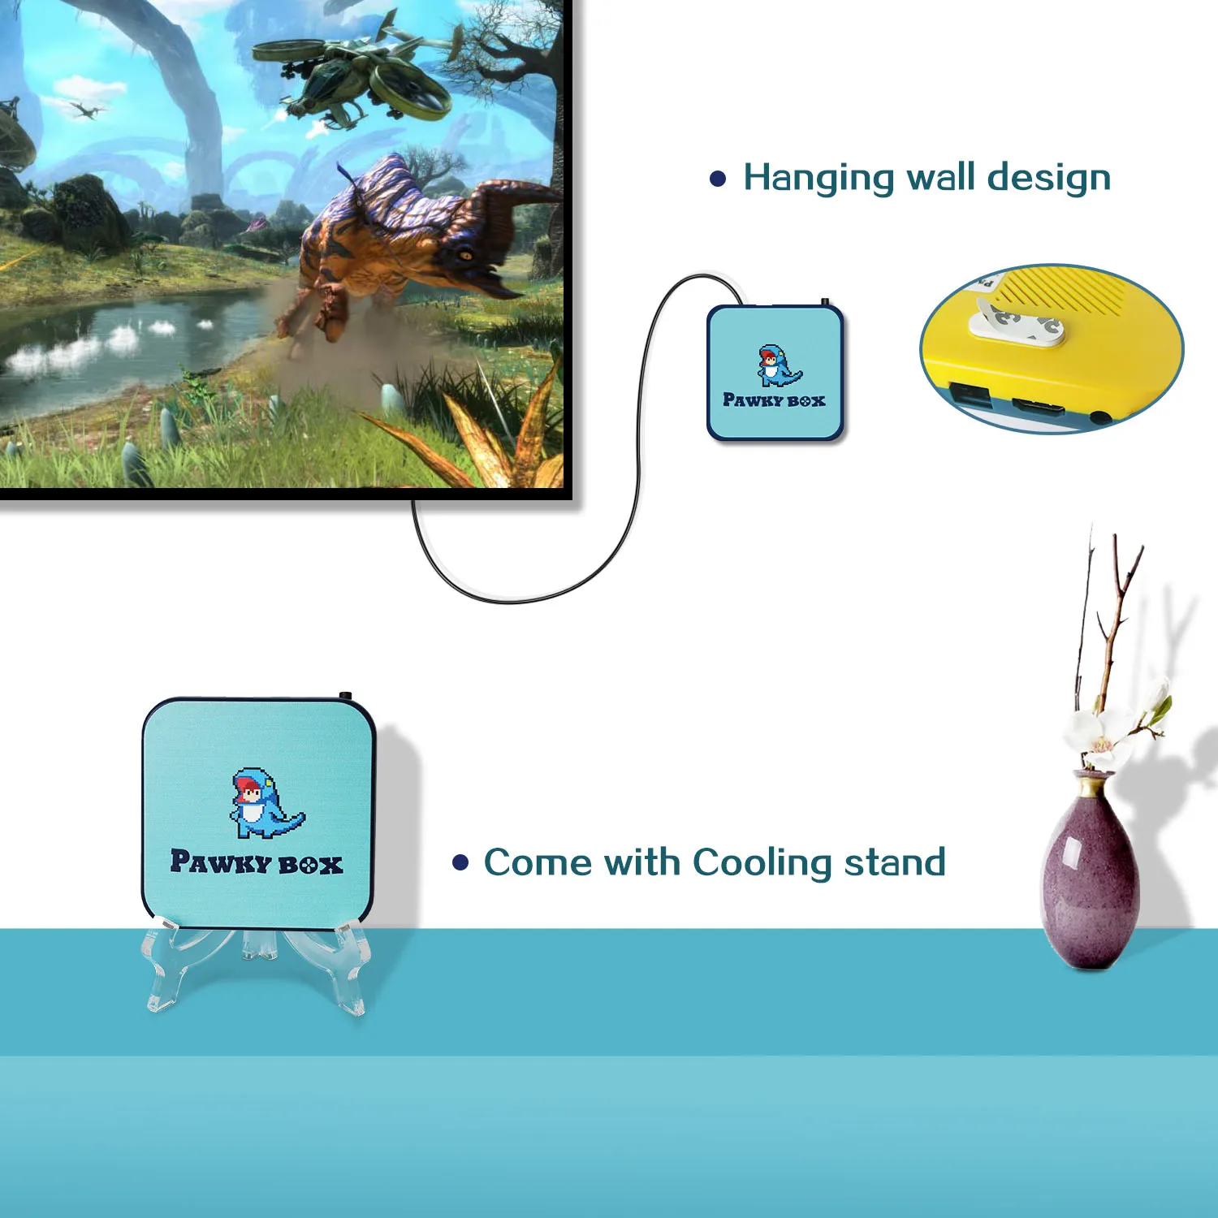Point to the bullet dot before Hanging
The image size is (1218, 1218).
718,179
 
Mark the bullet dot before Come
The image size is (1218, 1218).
460,862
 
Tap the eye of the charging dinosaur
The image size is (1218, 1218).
466,255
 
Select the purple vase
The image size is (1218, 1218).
1090,881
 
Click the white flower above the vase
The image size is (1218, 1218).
1092,735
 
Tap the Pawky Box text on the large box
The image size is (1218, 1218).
257,863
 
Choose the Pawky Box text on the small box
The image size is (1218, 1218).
774,400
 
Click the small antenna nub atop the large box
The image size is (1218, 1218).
345,696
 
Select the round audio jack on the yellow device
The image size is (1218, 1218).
1099,417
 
